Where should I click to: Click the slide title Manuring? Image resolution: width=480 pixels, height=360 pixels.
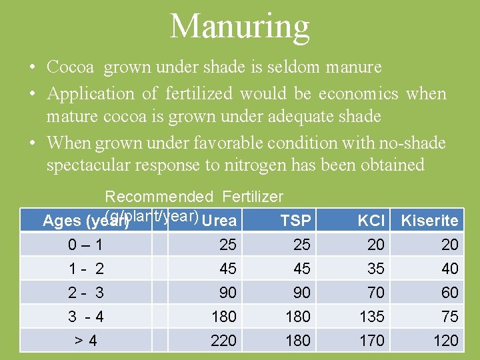(x=240, y=27)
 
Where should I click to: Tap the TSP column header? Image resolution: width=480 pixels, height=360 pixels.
(x=296, y=221)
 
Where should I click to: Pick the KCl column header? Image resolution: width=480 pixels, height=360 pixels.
(x=371, y=221)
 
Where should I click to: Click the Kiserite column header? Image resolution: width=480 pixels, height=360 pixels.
(x=429, y=221)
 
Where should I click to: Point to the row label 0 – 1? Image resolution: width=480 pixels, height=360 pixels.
(x=85, y=245)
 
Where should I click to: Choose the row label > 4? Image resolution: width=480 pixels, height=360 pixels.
(x=85, y=341)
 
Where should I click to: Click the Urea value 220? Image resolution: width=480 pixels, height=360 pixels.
(x=223, y=341)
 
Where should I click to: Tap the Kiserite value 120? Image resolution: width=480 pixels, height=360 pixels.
(x=445, y=341)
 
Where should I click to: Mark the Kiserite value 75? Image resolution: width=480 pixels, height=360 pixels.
(x=449, y=316)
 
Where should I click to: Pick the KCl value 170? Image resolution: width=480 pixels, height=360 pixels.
(x=371, y=341)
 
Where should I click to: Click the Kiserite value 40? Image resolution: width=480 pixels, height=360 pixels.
(x=449, y=269)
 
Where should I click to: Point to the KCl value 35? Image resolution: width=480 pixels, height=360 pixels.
(x=375, y=269)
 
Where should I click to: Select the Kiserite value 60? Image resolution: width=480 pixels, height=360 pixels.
(x=449, y=293)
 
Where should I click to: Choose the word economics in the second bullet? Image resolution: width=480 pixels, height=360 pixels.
(x=359, y=93)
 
